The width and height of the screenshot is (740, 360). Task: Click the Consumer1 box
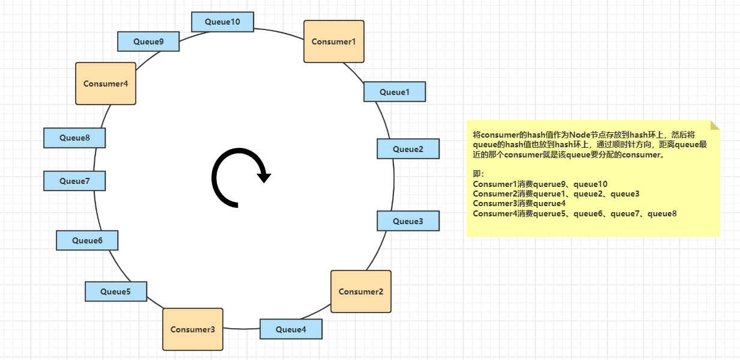coord(333,41)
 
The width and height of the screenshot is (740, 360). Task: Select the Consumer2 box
coord(360,291)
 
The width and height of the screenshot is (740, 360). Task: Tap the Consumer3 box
coord(192,329)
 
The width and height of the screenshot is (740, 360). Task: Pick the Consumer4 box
coord(106,84)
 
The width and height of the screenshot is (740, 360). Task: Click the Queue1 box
coord(395,92)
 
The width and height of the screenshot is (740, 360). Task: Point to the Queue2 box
coord(408,149)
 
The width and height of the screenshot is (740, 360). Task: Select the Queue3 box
coord(408,221)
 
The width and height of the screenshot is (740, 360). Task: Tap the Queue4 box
coord(291,329)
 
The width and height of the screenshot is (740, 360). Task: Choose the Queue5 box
coord(115,291)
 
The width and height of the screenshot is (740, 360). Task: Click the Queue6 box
coord(87,240)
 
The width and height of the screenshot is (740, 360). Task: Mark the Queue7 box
coord(74,181)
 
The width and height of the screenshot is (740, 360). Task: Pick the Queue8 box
coord(74,138)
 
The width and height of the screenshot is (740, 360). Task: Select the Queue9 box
coord(148,41)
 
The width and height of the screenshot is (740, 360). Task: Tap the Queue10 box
coord(222,22)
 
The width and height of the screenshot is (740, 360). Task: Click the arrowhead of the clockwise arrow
coord(264,177)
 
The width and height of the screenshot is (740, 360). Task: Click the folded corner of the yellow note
coord(715,125)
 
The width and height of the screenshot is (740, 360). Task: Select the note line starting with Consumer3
coord(520,203)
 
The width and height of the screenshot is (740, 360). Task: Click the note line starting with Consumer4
coord(575,213)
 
